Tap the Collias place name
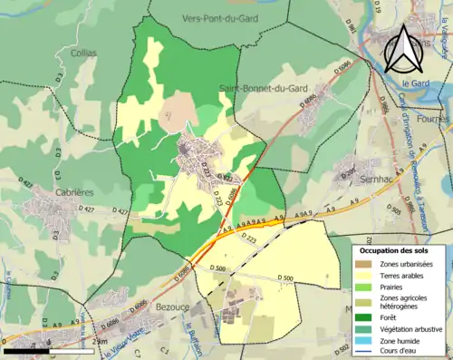(x=82, y=53)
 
